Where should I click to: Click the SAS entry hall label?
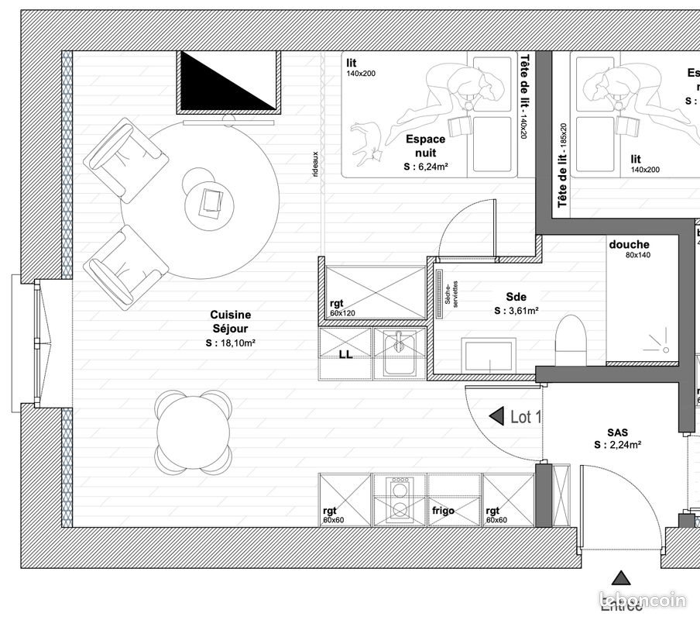(617, 439)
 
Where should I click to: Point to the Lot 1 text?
(526, 417)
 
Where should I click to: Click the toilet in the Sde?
(572, 341)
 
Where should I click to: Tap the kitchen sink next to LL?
(399, 353)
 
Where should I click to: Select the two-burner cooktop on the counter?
(400, 501)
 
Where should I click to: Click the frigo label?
(443, 511)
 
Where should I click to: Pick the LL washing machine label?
(345, 355)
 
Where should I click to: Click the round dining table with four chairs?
(194, 432)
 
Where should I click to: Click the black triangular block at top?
(228, 81)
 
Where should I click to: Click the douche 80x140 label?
(629, 249)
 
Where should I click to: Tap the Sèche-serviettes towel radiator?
(438, 294)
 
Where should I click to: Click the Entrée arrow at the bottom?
(620, 578)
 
